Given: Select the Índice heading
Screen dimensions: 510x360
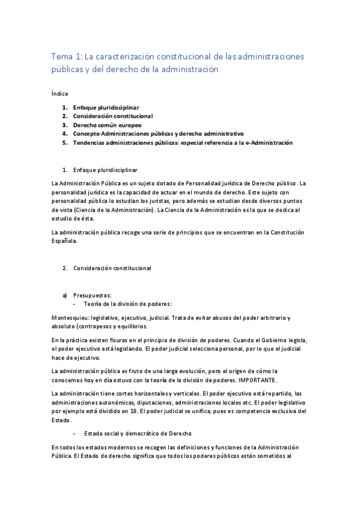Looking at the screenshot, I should (x=59, y=93).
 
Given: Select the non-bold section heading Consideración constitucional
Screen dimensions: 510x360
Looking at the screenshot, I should (x=112, y=268).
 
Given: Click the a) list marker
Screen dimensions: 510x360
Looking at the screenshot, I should (x=65, y=295).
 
